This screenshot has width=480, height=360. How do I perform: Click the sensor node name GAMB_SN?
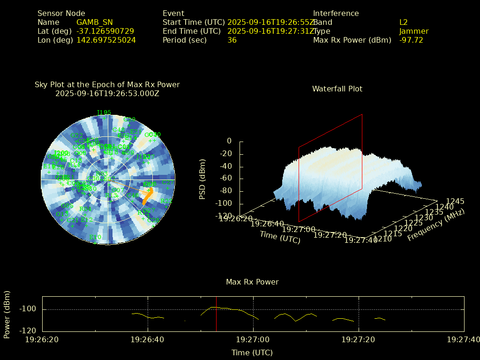click(94, 22)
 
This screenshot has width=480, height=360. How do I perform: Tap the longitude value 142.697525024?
click(106, 40)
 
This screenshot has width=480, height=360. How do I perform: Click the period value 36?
click(232, 40)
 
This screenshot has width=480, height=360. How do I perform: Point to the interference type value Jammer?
click(414, 31)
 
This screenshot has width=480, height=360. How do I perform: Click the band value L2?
click(404, 22)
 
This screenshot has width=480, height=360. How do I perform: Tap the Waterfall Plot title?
click(337, 89)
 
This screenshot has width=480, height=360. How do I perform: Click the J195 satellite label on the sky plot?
click(104, 112)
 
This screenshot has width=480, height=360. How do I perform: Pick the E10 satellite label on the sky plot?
click(95, 237)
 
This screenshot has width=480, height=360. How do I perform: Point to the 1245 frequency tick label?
click(455, 201)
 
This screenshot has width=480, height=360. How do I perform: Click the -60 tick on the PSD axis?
click(225, 179)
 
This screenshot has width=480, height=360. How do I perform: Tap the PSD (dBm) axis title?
click(202, 178)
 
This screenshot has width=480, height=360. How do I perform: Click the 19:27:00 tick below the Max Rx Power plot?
click(253, 339)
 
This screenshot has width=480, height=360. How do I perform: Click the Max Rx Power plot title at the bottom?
click(252, 282)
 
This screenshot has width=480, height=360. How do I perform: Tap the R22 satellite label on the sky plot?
click(166, 201)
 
